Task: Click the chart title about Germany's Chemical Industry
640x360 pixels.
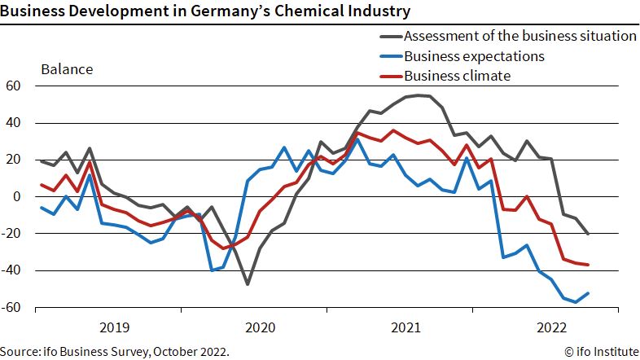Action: [x=205, y=11]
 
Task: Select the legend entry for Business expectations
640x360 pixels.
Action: [x=462, y=56]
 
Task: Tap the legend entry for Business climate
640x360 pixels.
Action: [x=445, y=76]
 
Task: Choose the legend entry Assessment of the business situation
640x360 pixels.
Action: [x=508, y=36]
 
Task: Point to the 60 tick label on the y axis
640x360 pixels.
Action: [x=13, y=86]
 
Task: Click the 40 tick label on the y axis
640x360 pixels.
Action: [x=13, y=123]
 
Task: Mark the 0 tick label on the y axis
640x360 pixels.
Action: [x=17, y=196]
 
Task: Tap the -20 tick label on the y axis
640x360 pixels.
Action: [x=11, y=234]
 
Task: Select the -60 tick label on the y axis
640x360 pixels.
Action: [x=11, y=307]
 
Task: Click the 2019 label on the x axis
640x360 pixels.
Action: [x=115, y=327]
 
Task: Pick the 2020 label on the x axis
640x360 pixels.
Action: [x=261, y=327]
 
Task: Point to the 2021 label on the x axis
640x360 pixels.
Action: [x=405, y=327]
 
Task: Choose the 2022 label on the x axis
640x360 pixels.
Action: [x=552, y=327]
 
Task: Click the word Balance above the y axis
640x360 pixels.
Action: [x=67, y=69]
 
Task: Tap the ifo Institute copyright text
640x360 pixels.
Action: [x=602, y=351]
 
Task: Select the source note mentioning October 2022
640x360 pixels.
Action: [x=115, y=351]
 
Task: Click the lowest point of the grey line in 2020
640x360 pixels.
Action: [x=248, y=284]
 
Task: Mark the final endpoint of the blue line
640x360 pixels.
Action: [x=588, y=293]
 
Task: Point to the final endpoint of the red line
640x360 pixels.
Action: [x=588, y=265]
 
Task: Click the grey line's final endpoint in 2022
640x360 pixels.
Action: [x=588, y=234]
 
